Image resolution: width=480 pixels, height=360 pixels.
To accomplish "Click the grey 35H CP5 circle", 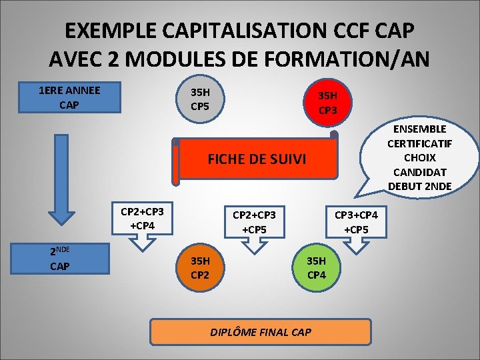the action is point(199,98).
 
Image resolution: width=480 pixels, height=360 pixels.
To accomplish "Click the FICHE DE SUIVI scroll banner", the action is point(257,159).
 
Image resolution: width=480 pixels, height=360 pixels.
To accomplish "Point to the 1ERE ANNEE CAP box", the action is point(69,97).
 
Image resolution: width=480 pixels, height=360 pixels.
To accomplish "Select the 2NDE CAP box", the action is point(69,258).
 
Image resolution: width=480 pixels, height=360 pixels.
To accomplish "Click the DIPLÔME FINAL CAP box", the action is point(260,331).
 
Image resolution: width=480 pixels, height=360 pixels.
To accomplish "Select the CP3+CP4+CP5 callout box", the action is point(356,222).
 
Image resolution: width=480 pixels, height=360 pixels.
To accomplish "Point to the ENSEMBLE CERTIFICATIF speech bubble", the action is point(420,157).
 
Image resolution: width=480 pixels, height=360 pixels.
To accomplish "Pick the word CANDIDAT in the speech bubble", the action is point(420,171).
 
